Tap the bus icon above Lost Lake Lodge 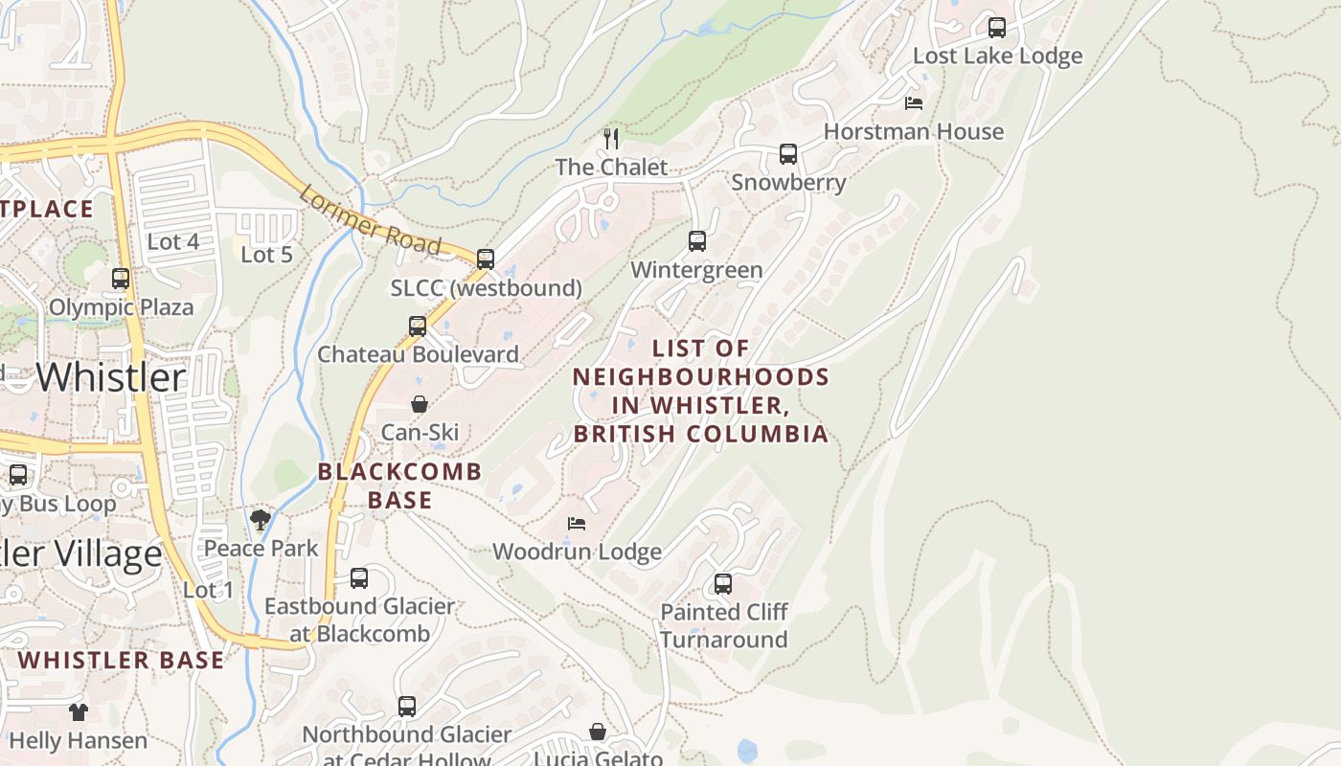tap(997, 28)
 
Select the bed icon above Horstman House tap(914, 103)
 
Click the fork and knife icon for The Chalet tap(611, 139)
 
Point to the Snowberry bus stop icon tap(788, 154)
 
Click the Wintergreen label tap(696, 270)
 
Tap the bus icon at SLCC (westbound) tap(486, 259)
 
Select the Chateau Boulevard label tap(418, 354)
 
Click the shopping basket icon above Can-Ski tap(419, 405)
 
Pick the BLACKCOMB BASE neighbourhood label tap(399, 485)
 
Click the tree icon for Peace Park tap(261, 520)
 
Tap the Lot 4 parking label tap(172, 241)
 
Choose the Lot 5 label tap(266, 255)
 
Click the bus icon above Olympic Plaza tap(121, 279)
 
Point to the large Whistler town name tap(111, 377)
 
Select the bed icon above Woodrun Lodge tap(577, 524)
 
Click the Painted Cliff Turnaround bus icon tap(723, 584)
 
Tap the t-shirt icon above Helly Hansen tap(79, 712)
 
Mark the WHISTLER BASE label tap(121, 660)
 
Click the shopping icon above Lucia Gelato tap(598, 732)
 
